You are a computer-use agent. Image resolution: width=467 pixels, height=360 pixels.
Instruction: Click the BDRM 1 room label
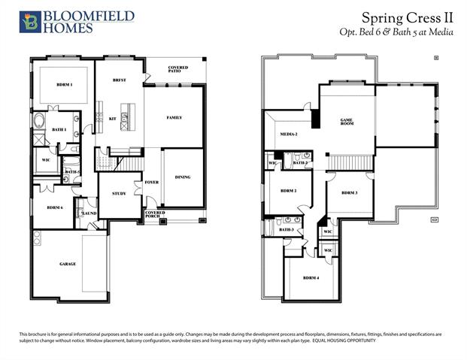tap(65, 85)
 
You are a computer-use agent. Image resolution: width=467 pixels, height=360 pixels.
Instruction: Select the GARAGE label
tap(68, 264)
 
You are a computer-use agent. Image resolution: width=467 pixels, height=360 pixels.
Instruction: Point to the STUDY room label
tap(118, 193)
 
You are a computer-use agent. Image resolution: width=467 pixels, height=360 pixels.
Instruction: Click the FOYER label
tap(152, 181)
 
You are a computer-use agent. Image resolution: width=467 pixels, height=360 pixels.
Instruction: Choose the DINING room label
tap(183, 177)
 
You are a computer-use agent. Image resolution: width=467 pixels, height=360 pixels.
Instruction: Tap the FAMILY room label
tap(174, 117)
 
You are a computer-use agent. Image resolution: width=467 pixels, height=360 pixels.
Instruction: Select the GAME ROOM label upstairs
tap(347, 122)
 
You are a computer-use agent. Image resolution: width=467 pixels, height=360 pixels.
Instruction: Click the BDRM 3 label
tap(349, 193)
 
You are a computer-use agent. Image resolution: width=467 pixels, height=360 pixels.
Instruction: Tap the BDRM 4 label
tap(310, 278)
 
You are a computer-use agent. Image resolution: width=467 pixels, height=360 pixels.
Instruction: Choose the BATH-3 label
tap(286, 229)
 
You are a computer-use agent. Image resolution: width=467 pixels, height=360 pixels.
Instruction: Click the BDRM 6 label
tap(54, 207)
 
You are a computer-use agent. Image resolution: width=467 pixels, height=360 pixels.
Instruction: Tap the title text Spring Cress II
tap(407, 17)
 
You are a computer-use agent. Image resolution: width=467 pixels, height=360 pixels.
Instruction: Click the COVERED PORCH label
tap(155, 215)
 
